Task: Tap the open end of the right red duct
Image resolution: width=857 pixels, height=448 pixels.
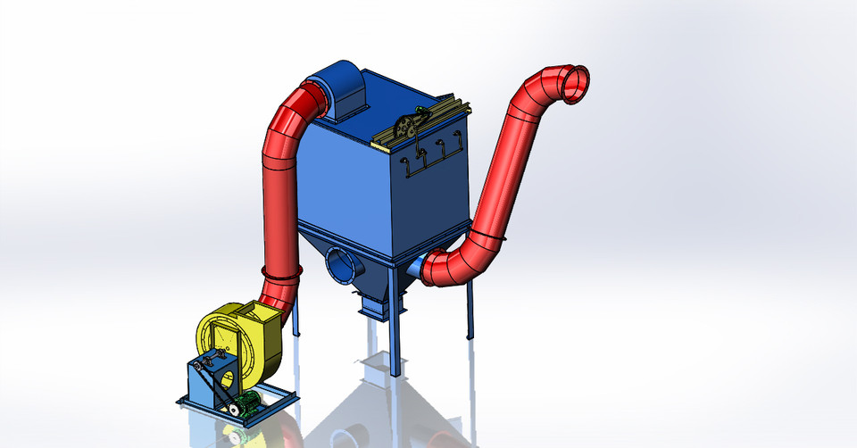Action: point(574,83)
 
